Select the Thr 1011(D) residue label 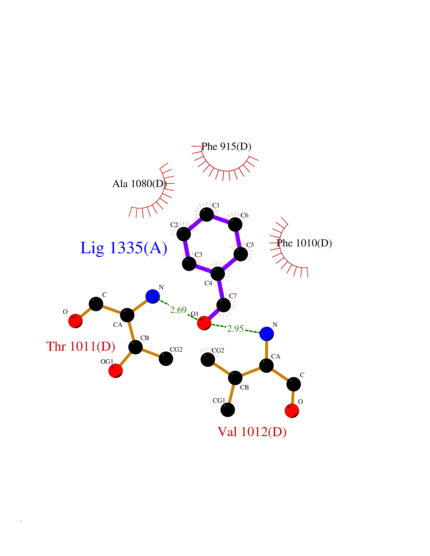(x=81, y=346)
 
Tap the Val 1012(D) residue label (x=252, y=432)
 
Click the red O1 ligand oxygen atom (x=204, y=323)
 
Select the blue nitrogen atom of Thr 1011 (x=153, y=296)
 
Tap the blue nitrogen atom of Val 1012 (x=267, y=334)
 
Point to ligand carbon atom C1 (x=207, y=214)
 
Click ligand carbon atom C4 (x=218, y=274)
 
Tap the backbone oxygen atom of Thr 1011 (x=75, y=321)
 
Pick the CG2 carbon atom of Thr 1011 (x=166, y=359)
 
